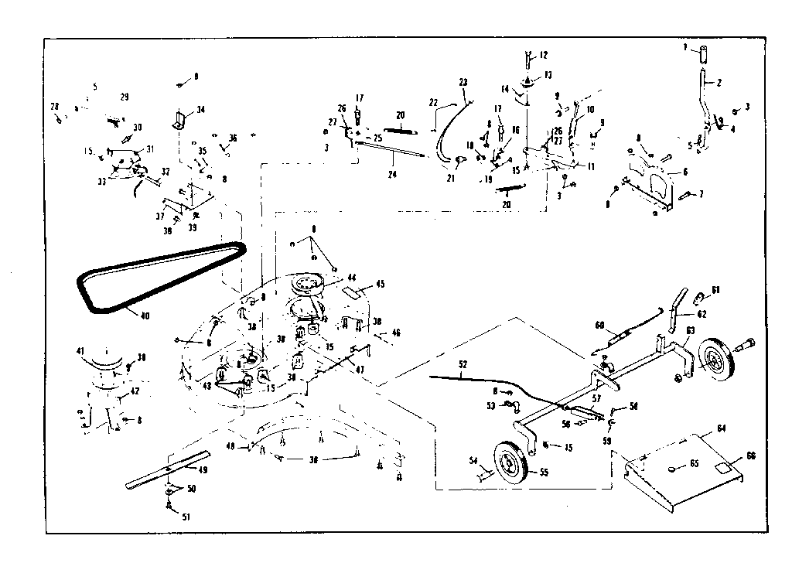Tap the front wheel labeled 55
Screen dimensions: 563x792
511,462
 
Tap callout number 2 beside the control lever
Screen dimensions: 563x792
719,82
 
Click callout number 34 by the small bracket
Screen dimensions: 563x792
201,109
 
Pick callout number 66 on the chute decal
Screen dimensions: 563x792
749,456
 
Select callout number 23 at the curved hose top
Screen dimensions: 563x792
463,81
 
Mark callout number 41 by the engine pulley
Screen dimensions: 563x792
80,350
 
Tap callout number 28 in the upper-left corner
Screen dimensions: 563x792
54,106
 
